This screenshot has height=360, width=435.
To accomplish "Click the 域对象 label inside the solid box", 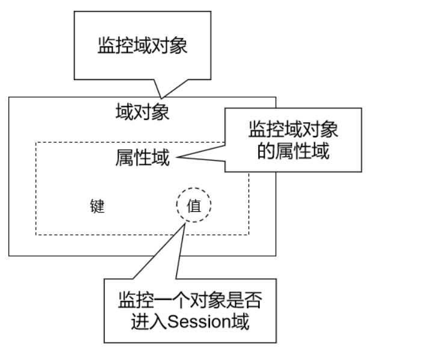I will (142, 112).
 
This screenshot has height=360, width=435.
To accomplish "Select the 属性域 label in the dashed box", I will (142, 158).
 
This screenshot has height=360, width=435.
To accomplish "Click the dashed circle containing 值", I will (194, 206).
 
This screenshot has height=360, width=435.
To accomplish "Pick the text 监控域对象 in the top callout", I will (143, 46).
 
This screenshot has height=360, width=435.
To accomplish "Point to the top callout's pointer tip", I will (161, 97).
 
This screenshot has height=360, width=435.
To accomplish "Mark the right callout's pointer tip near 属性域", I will (177, 158).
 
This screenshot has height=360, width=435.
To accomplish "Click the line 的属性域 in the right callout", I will (293, 151).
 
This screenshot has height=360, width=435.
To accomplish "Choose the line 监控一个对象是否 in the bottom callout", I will (191, 299).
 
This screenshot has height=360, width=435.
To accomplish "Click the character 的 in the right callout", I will (265, 151).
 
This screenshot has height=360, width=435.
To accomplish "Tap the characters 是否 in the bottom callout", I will (248, 299).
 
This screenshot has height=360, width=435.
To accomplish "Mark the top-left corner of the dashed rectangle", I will (36, 143).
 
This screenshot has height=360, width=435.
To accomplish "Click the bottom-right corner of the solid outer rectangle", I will (276, 255).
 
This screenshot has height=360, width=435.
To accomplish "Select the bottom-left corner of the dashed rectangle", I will (36, 235).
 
